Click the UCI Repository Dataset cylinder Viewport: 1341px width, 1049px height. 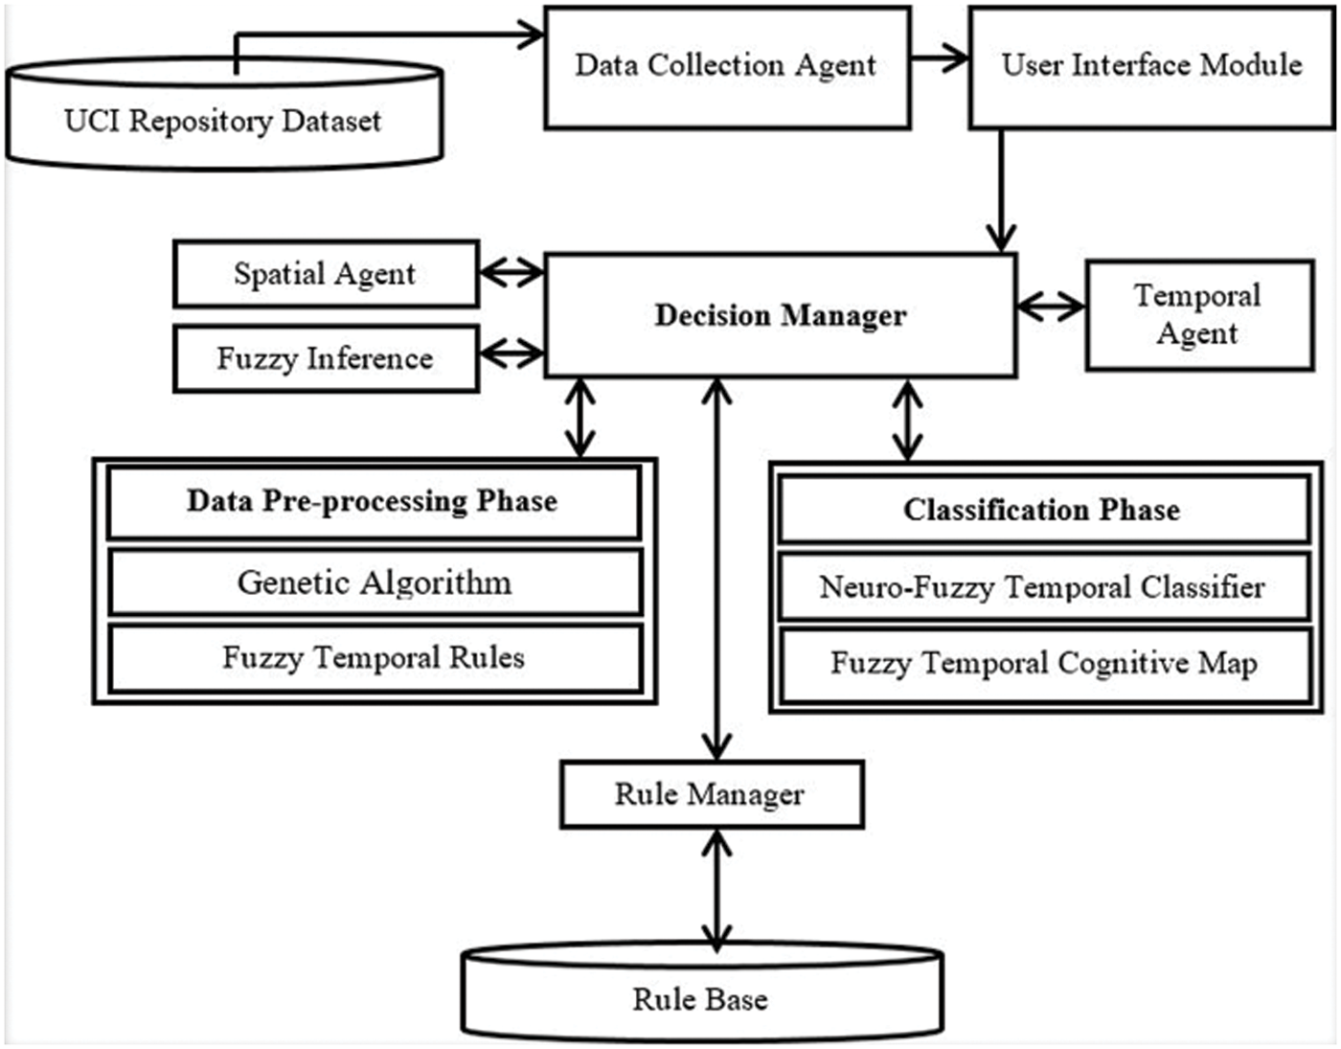(223, 121)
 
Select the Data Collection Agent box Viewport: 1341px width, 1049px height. (726, 67)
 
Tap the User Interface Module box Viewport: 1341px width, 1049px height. (1151, 67)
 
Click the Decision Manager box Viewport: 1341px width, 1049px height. (780, 315)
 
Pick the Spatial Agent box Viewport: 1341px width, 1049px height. (326, 274)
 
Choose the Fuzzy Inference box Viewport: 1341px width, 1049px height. (326, 358)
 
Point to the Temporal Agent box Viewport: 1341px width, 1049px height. (1198, 314)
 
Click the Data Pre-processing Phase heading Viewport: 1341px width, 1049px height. (374, 502)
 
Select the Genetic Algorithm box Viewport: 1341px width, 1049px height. (374, 582)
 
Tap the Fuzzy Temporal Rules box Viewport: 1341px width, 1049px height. (374, 658)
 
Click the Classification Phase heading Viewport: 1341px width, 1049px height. (1042, 510)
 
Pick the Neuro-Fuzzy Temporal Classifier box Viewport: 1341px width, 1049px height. (1042, 586)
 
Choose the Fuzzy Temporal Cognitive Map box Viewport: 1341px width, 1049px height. (1042, 663)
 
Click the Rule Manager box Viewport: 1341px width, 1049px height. (711, 794)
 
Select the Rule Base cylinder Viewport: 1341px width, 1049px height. (701, 998)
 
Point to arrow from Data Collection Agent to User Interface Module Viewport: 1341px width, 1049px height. (940, 58)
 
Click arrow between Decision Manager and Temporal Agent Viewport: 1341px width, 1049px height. (1051, 308)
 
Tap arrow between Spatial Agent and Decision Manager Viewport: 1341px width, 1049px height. (511, 273)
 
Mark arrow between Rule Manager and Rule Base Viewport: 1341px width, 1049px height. (716, 890)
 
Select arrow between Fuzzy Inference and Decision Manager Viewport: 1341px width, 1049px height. (511, 353)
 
